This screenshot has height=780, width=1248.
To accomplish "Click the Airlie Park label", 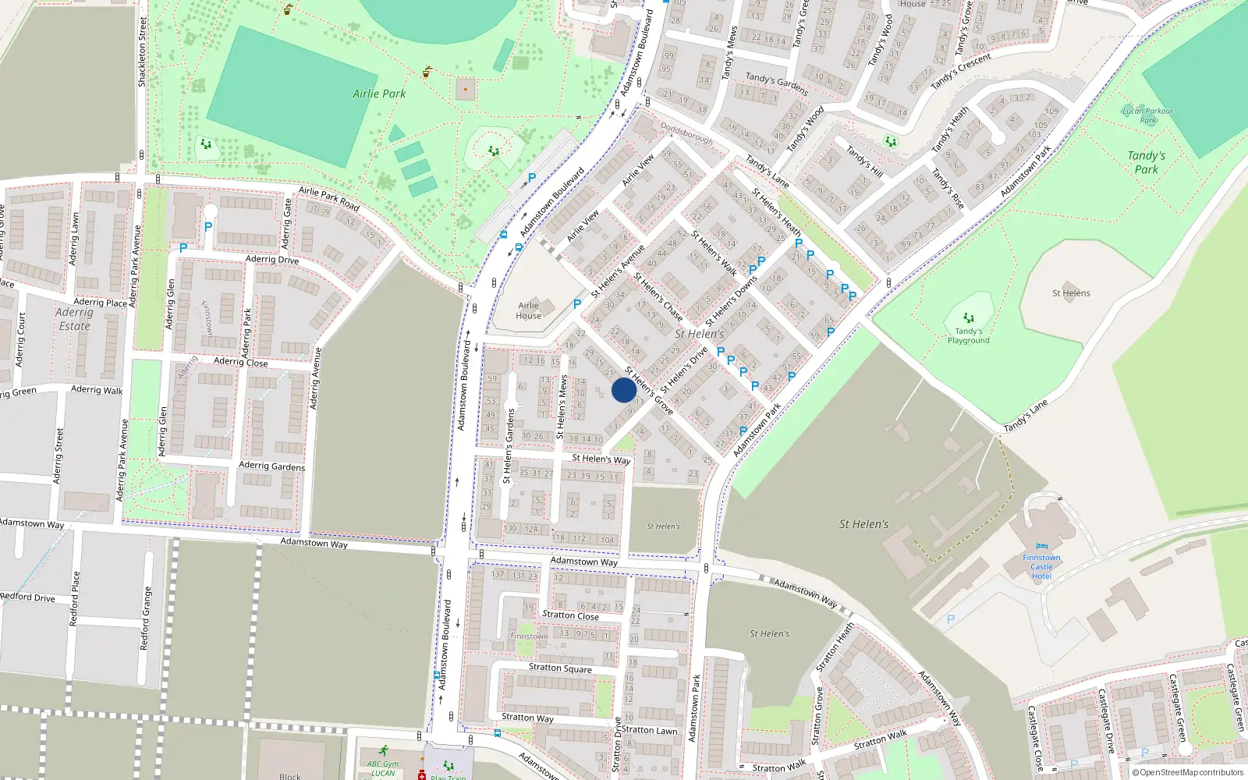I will tap(379, 94).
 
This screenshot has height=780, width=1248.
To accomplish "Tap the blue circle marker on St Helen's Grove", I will tap(623, 390).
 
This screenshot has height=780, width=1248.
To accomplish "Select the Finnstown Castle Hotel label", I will tap(1041, 567).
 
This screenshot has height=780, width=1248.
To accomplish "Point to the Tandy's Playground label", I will tap(968, 336).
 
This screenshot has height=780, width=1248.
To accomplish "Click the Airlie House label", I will tap(528, 310).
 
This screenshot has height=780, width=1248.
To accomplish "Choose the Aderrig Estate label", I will tap(74, 319).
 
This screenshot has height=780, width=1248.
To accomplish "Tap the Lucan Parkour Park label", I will tap(1147, 115).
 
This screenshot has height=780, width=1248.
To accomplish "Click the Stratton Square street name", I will tap(560, 668).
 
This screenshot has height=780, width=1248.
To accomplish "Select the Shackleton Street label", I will tap(142, 52).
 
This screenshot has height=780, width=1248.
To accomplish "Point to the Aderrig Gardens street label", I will tap(271, 466).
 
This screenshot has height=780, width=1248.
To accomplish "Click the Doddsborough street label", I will tap(686, 133).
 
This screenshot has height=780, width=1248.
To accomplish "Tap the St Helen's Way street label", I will tap(601, 459).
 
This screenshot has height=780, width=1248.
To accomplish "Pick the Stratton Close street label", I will tap(570, 615).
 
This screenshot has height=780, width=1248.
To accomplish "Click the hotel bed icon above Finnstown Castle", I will tap(1042, 548).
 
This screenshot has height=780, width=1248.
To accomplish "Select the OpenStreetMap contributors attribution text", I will tap(1191, 773).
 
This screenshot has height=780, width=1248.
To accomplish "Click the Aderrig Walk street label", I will tap(97, 390).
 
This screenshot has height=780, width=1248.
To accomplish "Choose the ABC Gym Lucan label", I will tap(382, 768).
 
